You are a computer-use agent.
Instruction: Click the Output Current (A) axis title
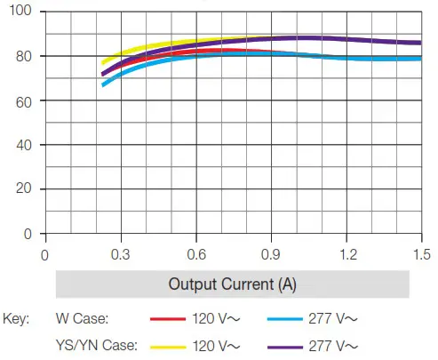click(233, 285)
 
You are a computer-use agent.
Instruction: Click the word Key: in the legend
click(17, 317)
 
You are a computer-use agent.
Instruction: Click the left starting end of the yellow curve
click(103, 63)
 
